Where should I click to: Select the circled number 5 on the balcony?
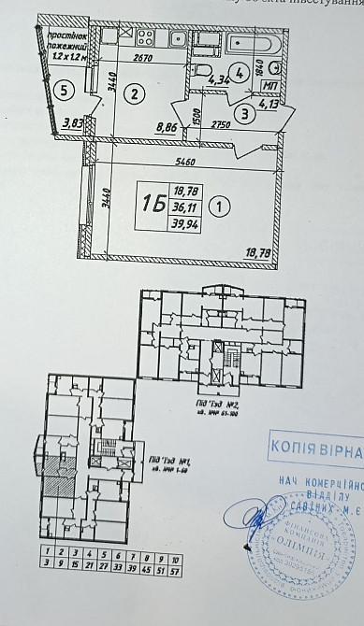(x=62, y=91)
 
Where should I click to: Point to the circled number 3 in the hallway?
(x=243, y=115)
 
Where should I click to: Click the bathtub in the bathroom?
(x=252, y=43)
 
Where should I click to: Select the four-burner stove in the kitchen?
(x=146, y=38)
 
